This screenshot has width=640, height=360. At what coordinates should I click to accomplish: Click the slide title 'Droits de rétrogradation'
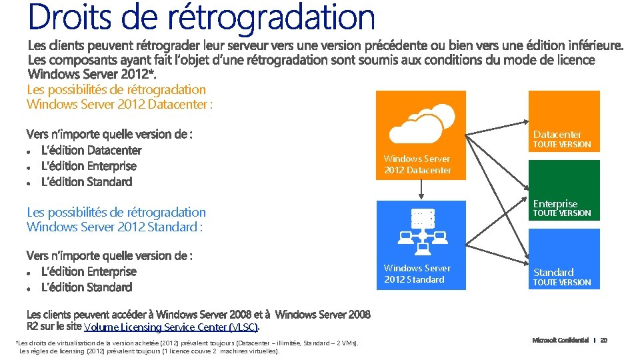201,18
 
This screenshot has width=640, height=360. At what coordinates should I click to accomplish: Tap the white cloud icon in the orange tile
421,122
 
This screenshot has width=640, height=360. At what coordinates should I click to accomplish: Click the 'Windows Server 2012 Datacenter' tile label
417,165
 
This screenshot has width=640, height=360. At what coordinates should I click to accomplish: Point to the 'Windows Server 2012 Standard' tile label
417,274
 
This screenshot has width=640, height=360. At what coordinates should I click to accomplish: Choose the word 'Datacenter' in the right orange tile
557,134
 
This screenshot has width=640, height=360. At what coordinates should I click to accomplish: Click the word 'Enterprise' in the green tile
555,203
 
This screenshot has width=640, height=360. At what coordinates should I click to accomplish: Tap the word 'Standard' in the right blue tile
553,272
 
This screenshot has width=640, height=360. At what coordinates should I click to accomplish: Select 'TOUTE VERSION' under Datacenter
562,145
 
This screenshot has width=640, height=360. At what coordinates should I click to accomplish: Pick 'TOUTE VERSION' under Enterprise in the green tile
562,213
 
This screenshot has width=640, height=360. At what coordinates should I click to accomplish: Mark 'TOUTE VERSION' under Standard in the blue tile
562,283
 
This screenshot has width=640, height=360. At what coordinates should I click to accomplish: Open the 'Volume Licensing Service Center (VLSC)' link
171,327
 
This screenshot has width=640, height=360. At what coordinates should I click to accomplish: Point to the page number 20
603,341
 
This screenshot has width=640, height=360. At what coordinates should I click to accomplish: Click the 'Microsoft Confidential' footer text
560,341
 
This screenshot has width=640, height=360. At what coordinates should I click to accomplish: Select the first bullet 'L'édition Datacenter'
91,150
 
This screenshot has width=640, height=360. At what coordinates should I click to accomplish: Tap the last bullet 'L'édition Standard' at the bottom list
87,287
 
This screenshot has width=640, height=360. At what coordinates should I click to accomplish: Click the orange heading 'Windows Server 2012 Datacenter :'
119,104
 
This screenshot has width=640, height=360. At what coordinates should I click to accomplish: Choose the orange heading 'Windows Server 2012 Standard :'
114,227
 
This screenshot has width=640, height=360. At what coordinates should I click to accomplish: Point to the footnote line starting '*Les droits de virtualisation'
187,343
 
